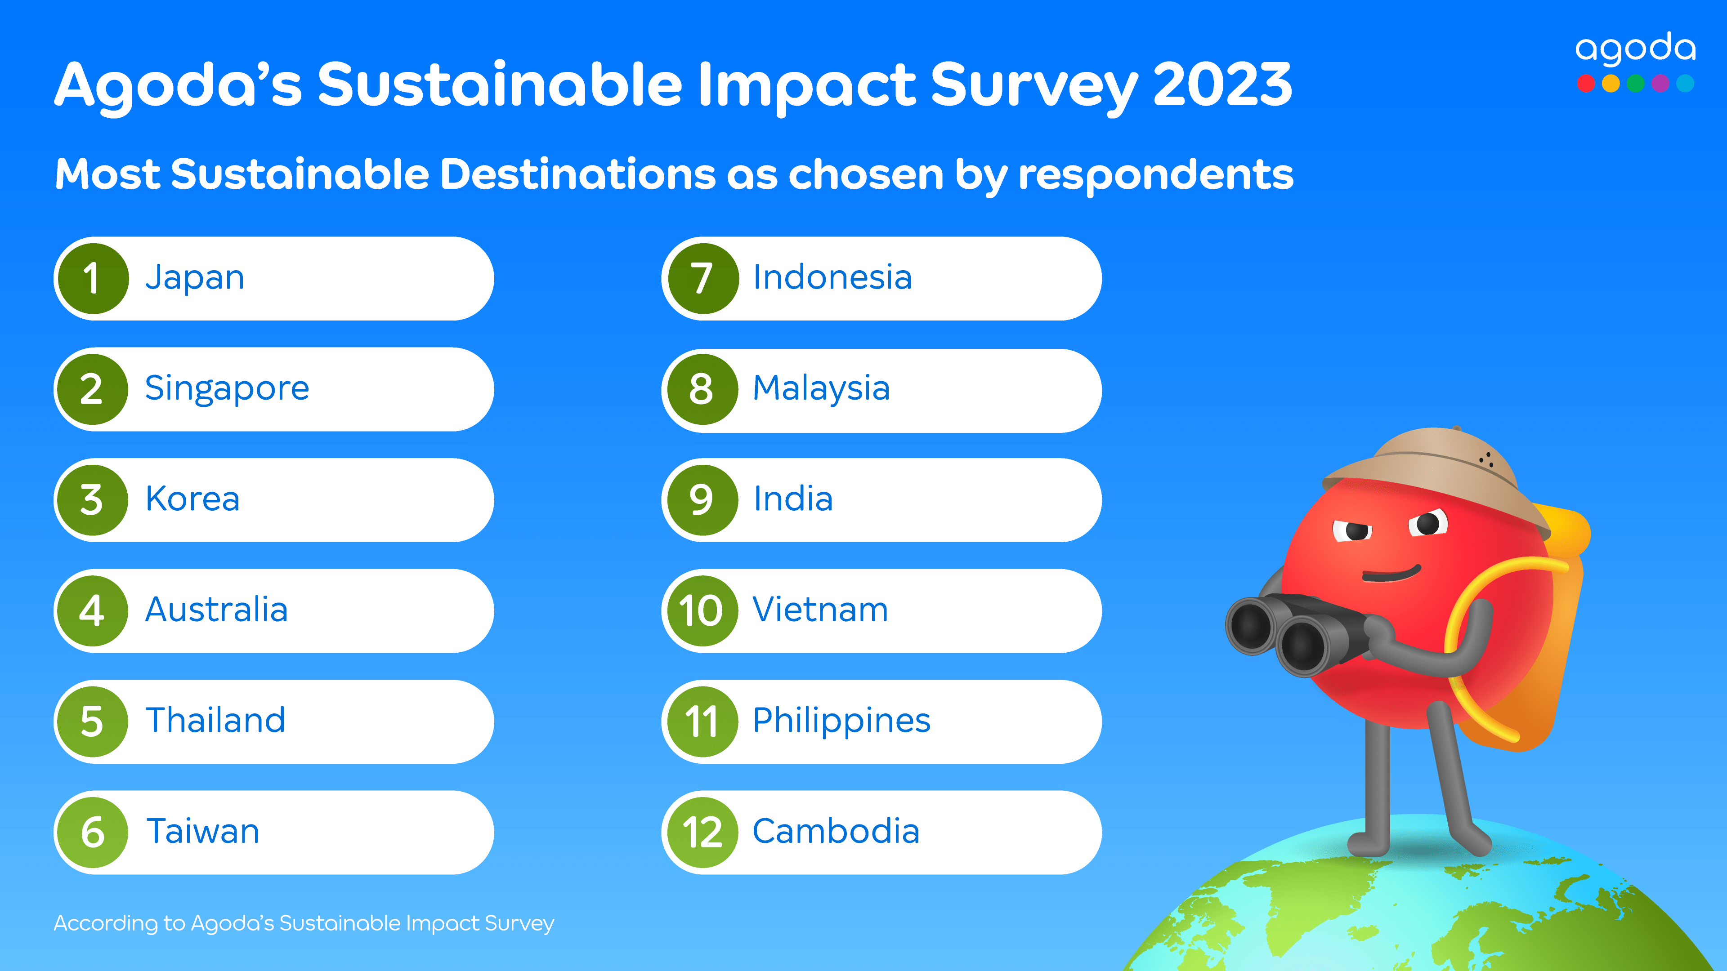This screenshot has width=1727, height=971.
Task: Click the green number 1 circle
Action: [x=93, y=278]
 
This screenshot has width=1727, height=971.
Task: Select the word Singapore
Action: [x=227, y=389]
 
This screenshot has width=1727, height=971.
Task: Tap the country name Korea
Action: [x=192, y=499]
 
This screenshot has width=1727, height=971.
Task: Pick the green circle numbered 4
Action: [x=93, y=610]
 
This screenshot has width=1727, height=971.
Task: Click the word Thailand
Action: [x=215, y=720]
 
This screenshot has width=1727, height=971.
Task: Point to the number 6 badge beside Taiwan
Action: [x=93, y=832]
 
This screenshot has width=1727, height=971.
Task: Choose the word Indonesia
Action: [x=832, y=277]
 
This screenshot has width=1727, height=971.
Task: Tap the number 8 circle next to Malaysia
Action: [x=701, y=389]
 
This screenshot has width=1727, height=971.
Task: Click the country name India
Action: [x=792, y=499]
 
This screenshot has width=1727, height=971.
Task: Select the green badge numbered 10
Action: [x=701, y=610]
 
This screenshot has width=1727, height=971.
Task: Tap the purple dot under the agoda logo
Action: [x=1660, y=84]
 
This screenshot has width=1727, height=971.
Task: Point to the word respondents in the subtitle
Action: [x=1155, y=176]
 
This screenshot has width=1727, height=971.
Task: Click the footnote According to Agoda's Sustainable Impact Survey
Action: [x=304, y=923]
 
